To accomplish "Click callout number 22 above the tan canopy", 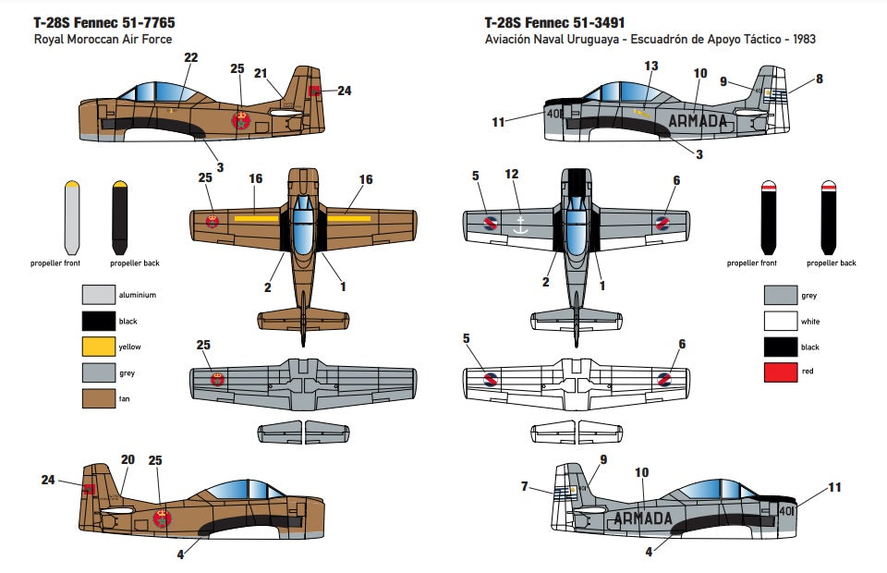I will point(190,57).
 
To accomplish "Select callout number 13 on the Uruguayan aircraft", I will point(651,66).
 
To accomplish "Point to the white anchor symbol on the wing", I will point(521,223).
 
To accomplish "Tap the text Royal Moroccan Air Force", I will point(103,40).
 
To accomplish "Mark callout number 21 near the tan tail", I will point(261,73).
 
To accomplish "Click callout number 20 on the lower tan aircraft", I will point(128,459).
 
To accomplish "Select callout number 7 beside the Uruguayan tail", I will point(525,486).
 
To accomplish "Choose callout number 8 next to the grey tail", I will point(819,79).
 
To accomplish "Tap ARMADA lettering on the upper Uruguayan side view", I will point(697,120).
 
